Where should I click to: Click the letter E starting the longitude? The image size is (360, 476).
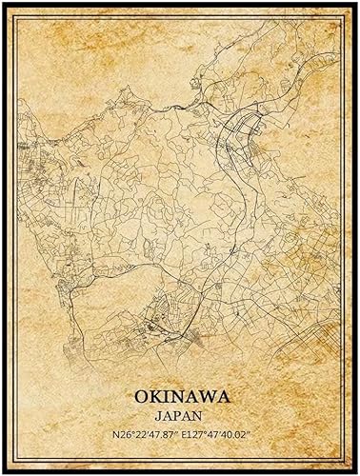click(x=186, y=436)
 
